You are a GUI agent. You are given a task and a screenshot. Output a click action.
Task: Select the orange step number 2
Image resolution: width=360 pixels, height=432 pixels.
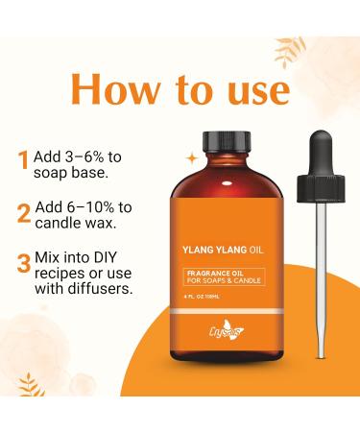22,213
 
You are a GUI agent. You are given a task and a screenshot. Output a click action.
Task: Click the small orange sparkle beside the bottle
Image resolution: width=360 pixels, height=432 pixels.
190,155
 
